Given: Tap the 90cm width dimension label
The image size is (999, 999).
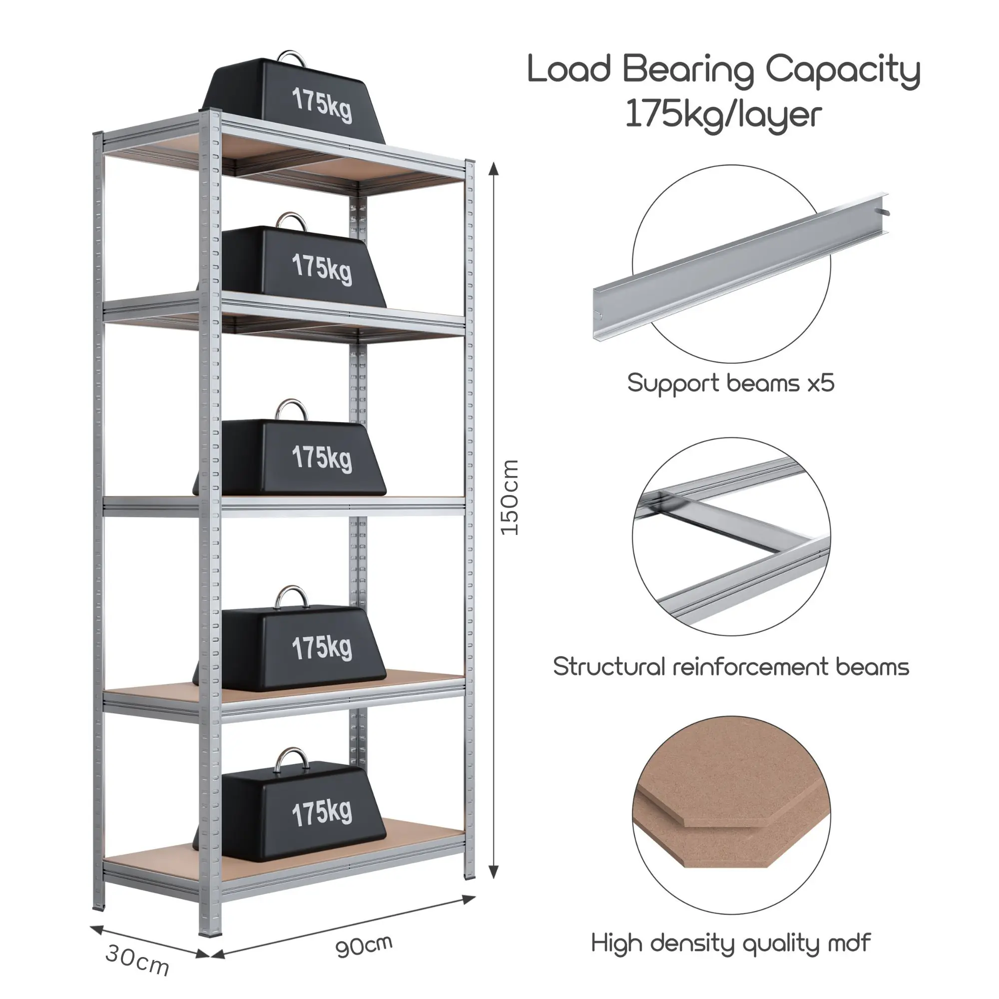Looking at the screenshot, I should (x=364, y=946).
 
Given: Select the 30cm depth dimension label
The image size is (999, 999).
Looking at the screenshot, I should (x=137, y=959).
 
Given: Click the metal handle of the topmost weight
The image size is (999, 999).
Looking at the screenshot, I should (x=292, y=56).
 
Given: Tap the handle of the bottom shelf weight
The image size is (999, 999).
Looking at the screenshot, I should (x=293, y=760).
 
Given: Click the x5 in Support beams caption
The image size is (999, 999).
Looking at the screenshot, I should (x=821, y=384).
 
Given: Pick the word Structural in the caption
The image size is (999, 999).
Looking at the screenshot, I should (x=608, y=667).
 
